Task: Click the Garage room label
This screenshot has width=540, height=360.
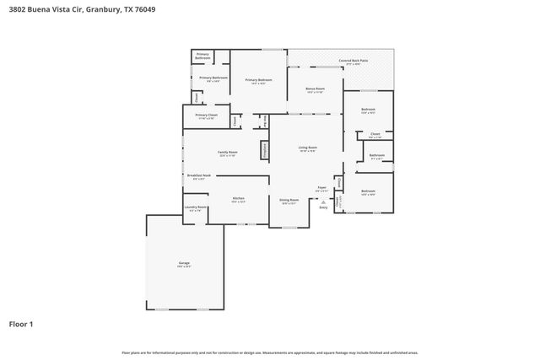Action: pyautogui.click(x=184, y=264)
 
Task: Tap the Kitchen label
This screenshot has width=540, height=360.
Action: pyautogui.click(x=239, y=198)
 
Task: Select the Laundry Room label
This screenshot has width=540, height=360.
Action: pyautogui.click(x=195, y=207)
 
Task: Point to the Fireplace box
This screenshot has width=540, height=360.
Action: pyautogui.click(x=264, y=150)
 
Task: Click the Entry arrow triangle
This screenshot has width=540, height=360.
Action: pyautogui.click(x=322, y=202)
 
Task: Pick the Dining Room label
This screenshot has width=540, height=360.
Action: pyautogui.click(x=289, y=201)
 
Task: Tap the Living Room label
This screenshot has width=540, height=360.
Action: pyautogui.click(x=306, y=148)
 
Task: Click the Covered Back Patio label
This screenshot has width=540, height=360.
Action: pyautogui.click(x=354, y=61)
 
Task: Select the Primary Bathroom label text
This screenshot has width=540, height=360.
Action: pyautogui.click(x=202, y=56)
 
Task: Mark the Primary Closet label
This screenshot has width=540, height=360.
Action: pyautogui.click(x=205, y=115)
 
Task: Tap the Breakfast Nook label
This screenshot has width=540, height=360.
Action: pyautogui.click(x=200, y=176)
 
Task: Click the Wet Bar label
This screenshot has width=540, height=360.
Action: pyautogui.click(x=265, y=121)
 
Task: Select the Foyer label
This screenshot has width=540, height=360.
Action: pyautogui.click(x=321, y=188)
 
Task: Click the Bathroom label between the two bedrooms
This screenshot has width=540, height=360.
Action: pyautogui.click(x=376, y=155)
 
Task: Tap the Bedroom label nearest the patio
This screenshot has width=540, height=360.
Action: pyautogui.click(x=368, y=110)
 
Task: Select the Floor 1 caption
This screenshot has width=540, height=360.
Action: pyautogui.click(x=22, y=324)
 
